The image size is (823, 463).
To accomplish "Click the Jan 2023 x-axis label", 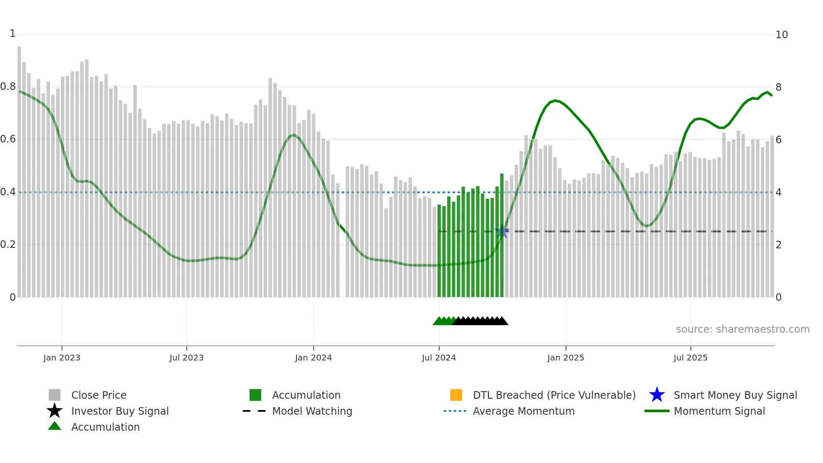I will coord(62,358).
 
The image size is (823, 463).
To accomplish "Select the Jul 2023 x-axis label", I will coord(186,358).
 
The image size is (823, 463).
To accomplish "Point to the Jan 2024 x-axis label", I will coord(313,358).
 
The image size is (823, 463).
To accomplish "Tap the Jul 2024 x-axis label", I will coord(439,358).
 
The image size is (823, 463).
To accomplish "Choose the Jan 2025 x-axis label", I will coord(566,358).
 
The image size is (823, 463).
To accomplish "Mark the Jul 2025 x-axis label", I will coord(690,358).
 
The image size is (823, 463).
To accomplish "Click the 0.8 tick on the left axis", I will coord(8,87).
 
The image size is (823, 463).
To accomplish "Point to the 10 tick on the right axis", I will coord(781,35).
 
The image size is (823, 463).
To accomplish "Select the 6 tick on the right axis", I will coord(778,140).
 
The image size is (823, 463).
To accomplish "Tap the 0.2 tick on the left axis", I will coord(8,245).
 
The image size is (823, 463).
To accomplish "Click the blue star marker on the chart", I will coord(502,232).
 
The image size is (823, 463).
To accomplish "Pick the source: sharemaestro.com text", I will coord(742,329).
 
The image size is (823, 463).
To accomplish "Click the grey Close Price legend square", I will coord(55,395).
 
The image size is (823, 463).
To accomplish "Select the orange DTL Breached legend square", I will coord(456,395).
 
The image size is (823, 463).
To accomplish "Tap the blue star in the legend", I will coord(657,395).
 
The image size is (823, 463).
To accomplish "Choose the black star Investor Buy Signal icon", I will coord(55,411).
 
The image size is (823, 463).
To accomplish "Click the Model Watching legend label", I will coord(312,411).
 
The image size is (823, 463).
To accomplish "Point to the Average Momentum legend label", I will coord(524,411).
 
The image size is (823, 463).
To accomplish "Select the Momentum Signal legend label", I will coord(719,411).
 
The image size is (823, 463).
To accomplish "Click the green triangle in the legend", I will coord(55,426).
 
